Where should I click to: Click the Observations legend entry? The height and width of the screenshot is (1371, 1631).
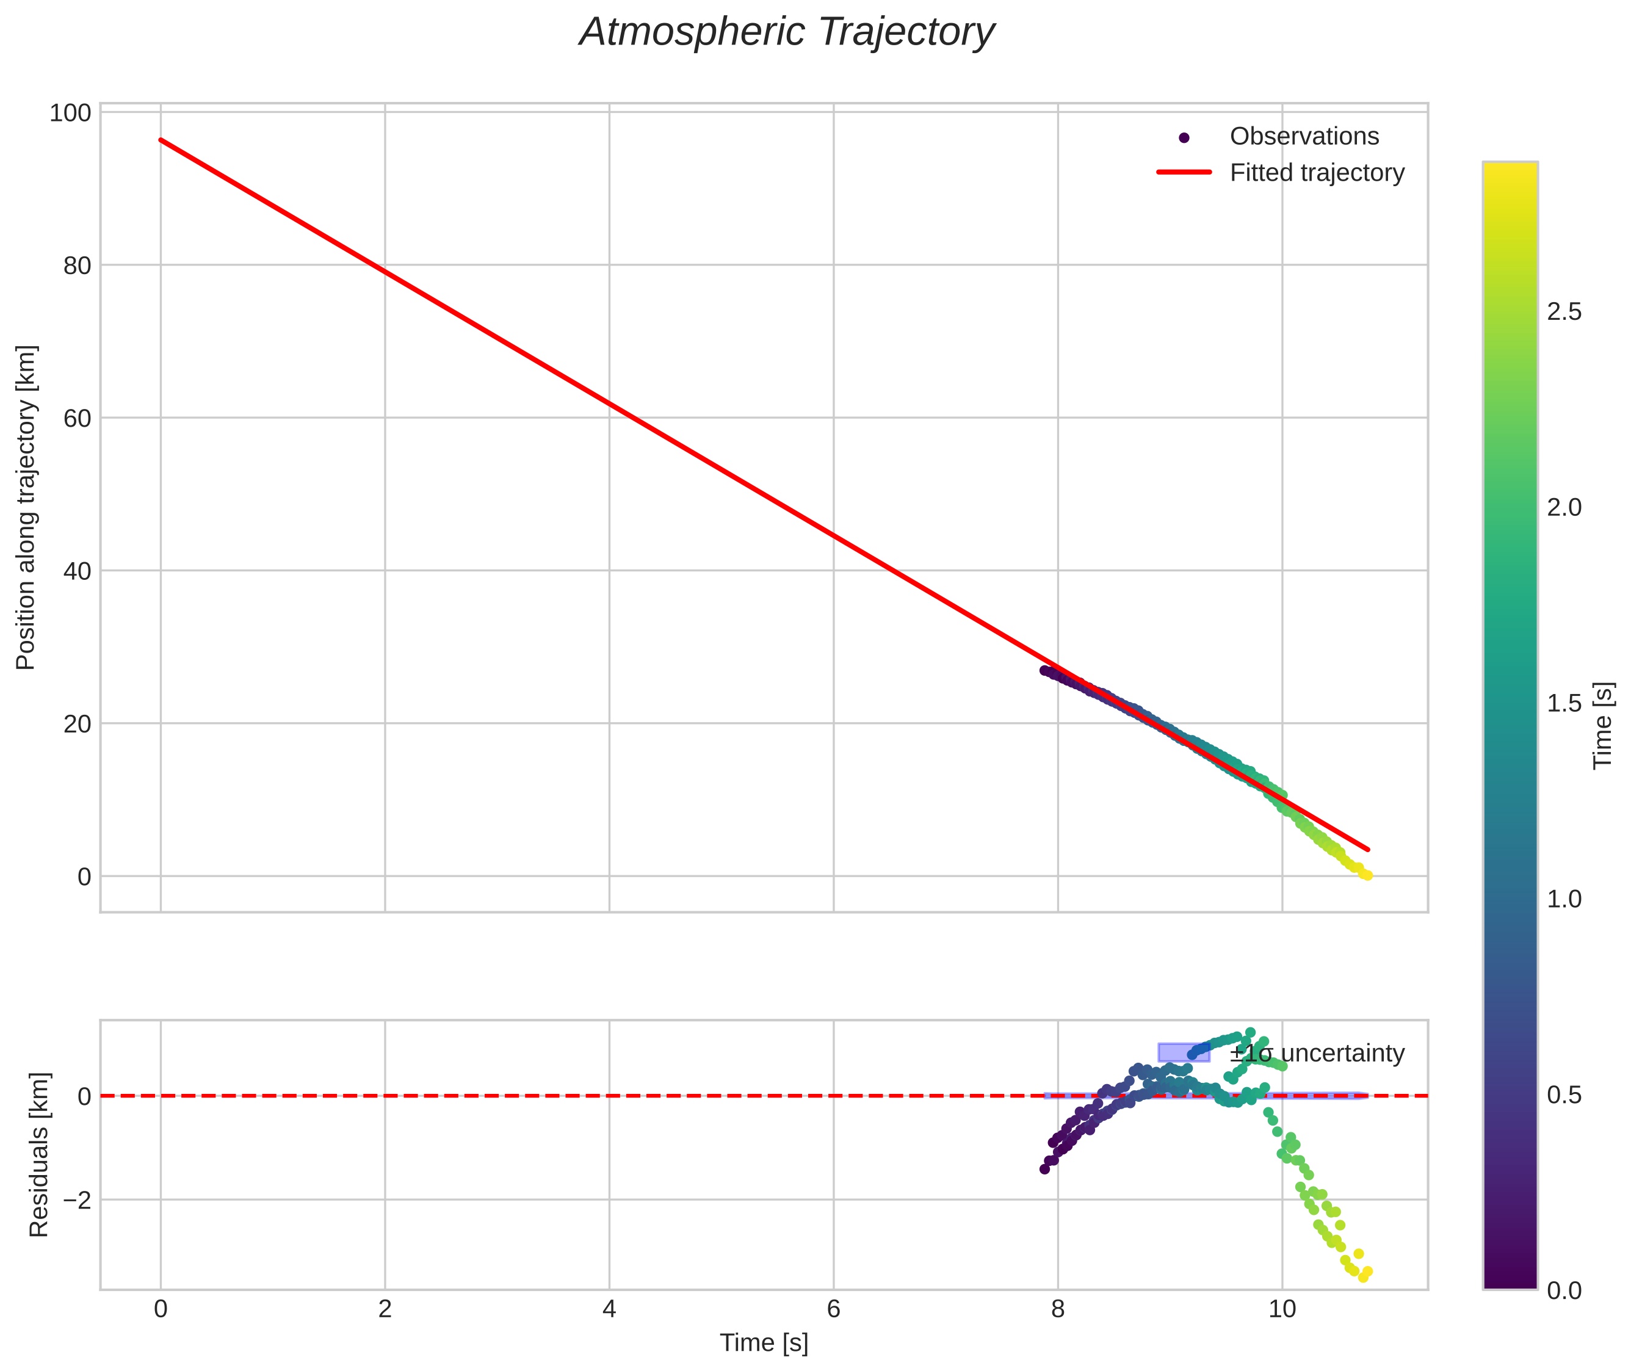(1304, 137)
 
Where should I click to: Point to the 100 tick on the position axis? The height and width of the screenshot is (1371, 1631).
(70, 114)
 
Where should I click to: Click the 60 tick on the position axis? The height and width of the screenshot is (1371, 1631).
(77, 418)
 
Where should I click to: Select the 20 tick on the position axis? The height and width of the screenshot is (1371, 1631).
(77, 723)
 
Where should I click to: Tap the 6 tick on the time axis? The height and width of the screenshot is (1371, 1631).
(833, 1309)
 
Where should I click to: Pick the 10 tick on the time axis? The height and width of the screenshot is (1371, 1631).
(1282, 1309)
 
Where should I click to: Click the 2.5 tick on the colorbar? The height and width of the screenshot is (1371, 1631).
(1563, 312)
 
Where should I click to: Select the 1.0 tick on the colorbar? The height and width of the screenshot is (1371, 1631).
(1563, 899)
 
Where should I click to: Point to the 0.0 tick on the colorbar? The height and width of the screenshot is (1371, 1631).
(1563, 1291)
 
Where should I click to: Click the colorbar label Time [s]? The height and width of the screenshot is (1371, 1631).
(1602, 725)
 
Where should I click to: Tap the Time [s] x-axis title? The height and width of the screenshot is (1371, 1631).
(763, 1343)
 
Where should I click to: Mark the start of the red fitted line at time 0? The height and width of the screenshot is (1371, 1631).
(161, 140)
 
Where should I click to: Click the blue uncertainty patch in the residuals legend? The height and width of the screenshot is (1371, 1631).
(1184, 1053)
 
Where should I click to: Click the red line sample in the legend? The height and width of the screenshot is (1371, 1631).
(1184, 173)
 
